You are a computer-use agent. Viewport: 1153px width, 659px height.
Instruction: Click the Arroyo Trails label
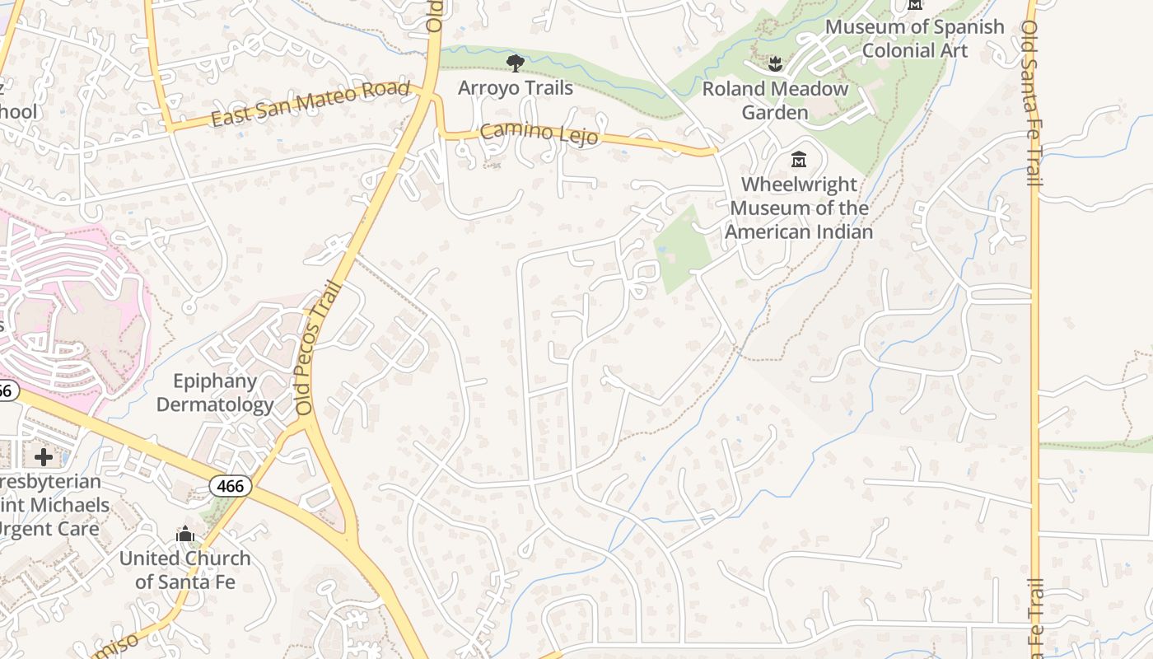point(515,87)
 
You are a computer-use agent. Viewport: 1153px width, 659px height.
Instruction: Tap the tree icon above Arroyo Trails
point(515,63)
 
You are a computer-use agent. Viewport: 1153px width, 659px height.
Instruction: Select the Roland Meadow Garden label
point(774,100)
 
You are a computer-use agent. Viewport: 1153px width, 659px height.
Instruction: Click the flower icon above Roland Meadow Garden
point(774,63)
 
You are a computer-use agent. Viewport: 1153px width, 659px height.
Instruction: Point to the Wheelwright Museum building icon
point(798,159)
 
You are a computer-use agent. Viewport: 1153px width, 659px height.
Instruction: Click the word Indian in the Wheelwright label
point(832,231)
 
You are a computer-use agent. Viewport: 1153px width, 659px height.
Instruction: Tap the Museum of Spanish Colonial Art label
point(914,39)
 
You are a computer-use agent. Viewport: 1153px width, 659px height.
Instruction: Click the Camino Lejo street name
point(539,133)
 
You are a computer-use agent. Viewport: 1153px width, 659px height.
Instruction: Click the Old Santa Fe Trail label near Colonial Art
point(1030,103)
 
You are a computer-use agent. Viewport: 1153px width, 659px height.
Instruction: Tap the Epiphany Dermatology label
point(215,393)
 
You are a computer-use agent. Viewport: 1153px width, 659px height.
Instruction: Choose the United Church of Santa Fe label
point(184,569)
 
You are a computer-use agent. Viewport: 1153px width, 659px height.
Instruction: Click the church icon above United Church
point(185,535)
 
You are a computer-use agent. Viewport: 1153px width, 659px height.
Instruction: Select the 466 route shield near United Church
point(230,486)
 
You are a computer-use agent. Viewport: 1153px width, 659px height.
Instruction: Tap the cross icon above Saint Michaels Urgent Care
point(44,456)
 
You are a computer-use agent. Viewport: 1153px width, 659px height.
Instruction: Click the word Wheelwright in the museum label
point(799,185)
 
